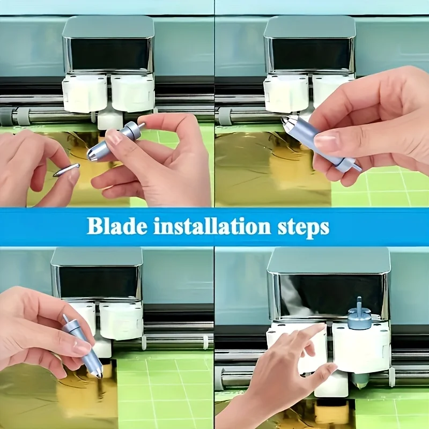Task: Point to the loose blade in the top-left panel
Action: pyautogui.click(x=66, y=170)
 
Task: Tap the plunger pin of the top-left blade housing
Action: pyautogui.click(x=141, y=125)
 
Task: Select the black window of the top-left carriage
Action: pyautogui.click(x=110, y=54)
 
